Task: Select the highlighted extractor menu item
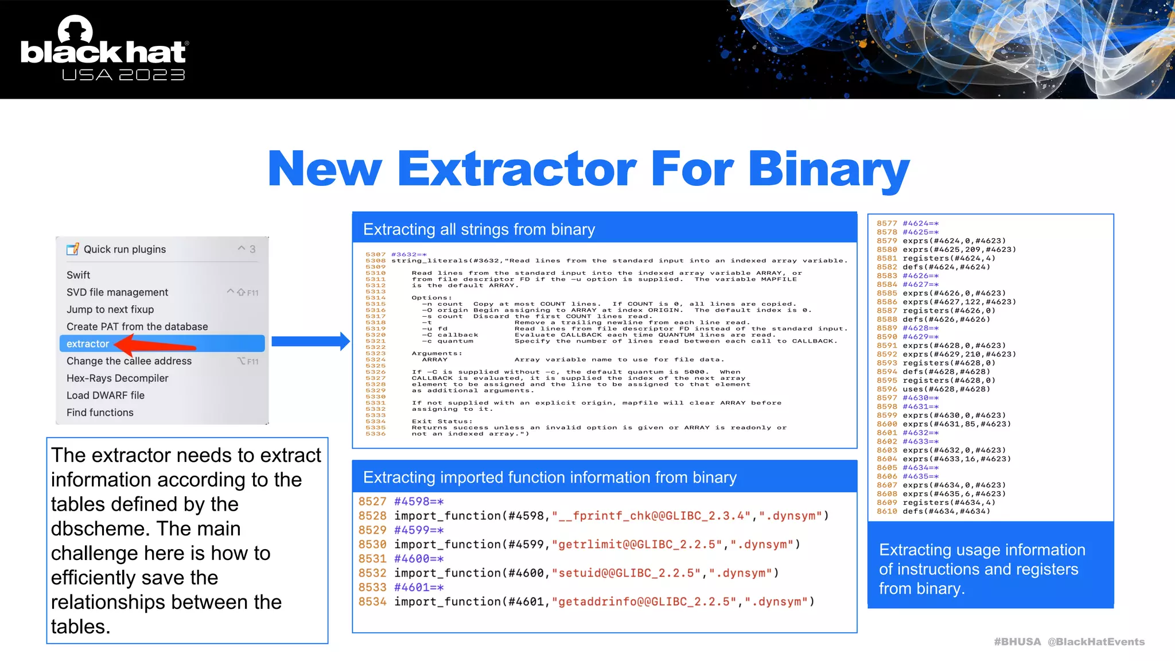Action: coord(88,344)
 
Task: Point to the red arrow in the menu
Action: coord(155,345)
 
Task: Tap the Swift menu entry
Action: coord(79,275)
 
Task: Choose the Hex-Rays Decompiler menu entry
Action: coord(117,378)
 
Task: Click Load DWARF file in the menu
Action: coord(106,395)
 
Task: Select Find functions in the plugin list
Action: coord(100,413)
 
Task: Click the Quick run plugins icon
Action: coord(73,249)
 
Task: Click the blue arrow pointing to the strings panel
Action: coord(310,341)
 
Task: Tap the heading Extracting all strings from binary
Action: coord(478,230)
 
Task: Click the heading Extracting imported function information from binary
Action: coord(550,477)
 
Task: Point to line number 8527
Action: coord(372,501)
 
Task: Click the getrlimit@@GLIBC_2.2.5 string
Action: coord(640,545)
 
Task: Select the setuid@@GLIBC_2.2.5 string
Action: coord(629,573)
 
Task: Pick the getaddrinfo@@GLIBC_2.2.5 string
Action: coord(647,602)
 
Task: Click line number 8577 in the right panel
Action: coord(886,224)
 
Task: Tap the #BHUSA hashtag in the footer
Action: coord(1017,642)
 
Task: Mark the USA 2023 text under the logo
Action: coord(123,75)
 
